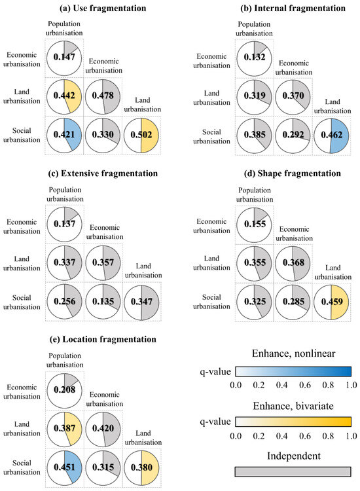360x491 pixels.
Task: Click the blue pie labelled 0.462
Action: pyautogui.click(x=333, y=136)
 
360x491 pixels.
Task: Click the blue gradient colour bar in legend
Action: pyautogui.click(x=293, y=372)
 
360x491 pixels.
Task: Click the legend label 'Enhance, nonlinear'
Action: pyautogui.click(x=293, y=354)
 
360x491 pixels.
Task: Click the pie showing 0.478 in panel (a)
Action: pyautogui.click(x=103, y=98)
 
